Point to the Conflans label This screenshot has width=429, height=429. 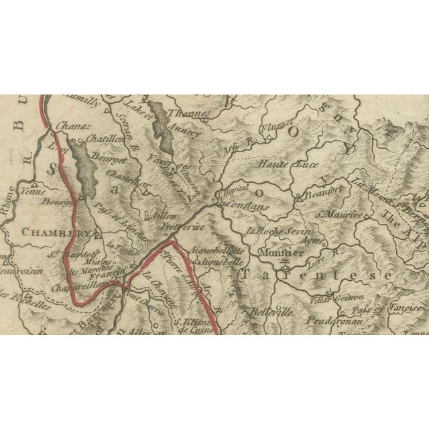[x=248, y=207]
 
